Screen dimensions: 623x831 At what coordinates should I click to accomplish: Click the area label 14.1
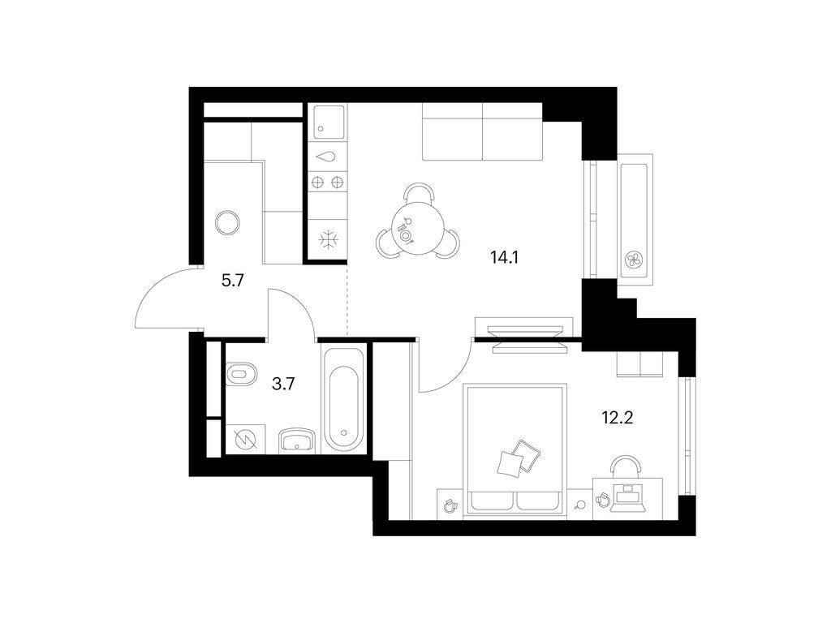point(504,258)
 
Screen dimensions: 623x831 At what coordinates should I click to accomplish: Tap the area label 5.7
point(233,281)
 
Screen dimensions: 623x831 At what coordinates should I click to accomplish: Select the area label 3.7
point(282,385)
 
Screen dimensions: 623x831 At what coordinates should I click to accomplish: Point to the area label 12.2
point(618,419)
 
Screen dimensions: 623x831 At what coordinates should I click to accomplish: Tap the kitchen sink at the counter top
point(328,123)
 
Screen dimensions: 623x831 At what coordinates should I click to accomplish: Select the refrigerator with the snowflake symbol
point(328,240)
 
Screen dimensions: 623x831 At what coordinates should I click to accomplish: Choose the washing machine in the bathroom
point(243,439)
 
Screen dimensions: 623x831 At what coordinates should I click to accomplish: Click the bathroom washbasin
point(298,440)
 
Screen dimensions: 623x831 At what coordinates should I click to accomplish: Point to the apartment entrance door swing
point(162,300)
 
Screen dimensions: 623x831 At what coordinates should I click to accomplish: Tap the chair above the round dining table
point(418,194)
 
